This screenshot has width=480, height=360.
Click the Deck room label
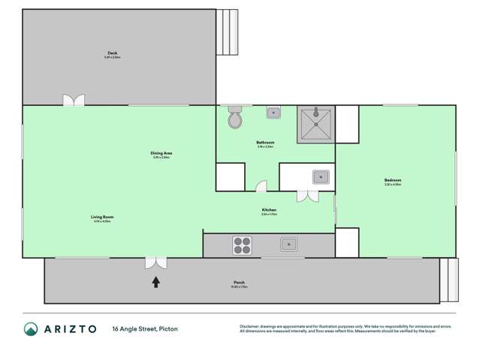(x=113, y=53)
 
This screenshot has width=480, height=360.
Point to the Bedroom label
(x=393, y=180)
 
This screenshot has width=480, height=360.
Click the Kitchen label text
(x=269, y=210)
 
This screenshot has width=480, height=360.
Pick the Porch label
(x=239, y=283)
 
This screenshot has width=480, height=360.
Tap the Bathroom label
(x=264, y=143)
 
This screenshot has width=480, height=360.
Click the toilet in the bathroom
(x=234, y=119)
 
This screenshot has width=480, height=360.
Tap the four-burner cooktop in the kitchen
(x=242, y=244)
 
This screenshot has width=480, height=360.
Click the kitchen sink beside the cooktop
(x=289, y=244)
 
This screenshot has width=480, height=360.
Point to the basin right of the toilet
(x=274, y=113)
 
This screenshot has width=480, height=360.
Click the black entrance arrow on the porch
(x=156, y=282)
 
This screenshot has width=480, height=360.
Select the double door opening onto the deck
(x=74, y=100)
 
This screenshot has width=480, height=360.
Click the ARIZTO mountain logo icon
(x=31, y=328)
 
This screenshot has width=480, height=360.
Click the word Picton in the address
(x=168, y=328)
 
